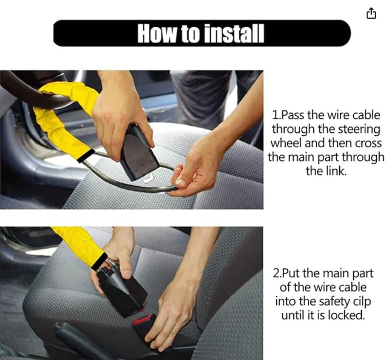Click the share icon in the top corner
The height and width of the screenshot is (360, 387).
372,13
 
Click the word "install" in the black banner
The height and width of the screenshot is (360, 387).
234,33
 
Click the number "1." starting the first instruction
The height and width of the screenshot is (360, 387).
277,115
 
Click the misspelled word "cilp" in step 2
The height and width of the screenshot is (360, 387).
362,301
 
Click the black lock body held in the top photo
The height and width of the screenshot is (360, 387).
139,152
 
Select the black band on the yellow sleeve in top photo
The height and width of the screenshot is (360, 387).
85,155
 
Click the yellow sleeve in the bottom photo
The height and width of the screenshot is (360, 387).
79,245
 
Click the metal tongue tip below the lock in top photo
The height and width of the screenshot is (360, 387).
148,178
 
